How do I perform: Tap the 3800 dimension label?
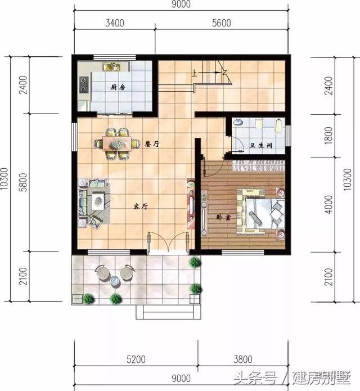click(x=242, y=358)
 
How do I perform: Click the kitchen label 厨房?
click(x=118, y=87)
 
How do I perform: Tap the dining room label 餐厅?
click(x=152, y=144)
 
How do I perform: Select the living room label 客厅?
click(x=140, y=206)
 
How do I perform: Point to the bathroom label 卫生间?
click(x=261, y=146)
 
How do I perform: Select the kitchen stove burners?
click(x=84, y=84)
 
